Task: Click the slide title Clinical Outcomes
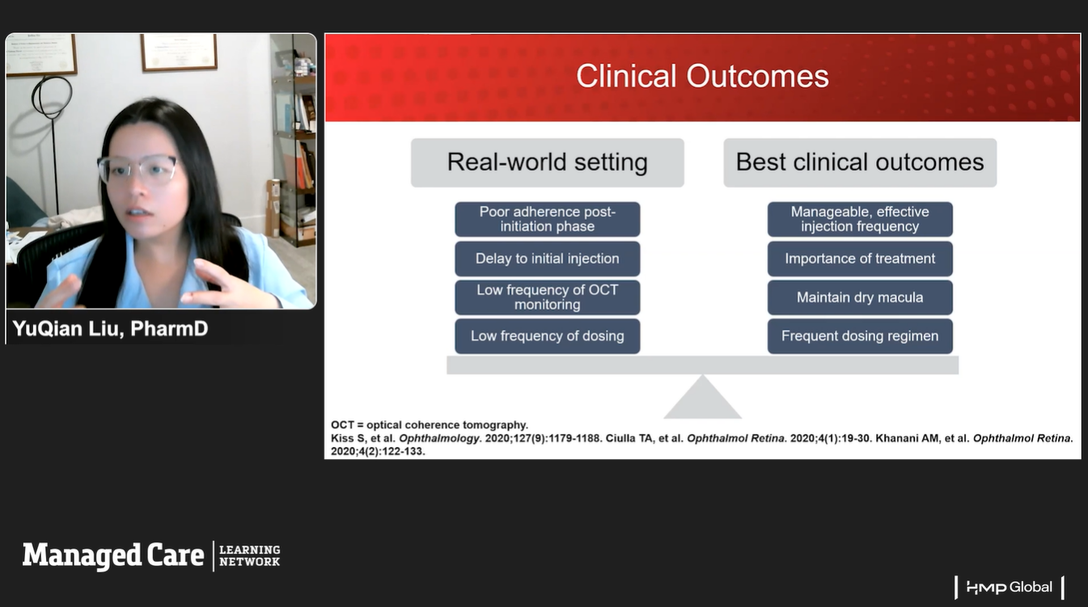click(702, 77)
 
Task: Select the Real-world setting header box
click(547, 162)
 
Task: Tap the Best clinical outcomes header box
click(860, 162)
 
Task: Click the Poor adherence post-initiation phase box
click(547, 219)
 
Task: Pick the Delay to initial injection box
click(547, 259)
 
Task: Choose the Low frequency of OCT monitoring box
click(547, 297)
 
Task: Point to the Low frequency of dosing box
click(547, 336)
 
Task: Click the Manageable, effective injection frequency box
click(860, 219)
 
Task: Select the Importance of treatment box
click(860, 259)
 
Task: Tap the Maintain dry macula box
click(860, 297)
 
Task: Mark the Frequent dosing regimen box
click(860, 336)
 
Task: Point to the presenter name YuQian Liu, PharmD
click(111, 329)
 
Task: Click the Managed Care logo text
click(113, 555)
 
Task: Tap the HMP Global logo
click(1009, 588)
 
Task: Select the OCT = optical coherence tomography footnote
click(430, 425)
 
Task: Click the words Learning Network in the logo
click(249, 555)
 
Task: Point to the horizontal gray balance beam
click(702, 365)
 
